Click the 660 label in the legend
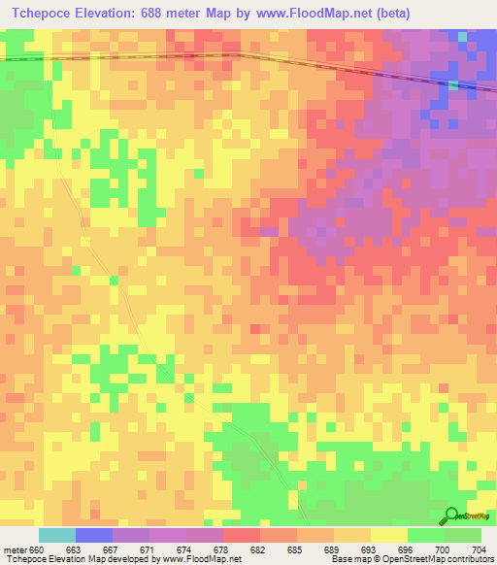37,549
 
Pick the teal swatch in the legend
57,535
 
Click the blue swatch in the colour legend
94,535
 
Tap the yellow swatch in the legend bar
388,535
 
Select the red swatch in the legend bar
242,535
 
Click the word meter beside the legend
16,549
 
